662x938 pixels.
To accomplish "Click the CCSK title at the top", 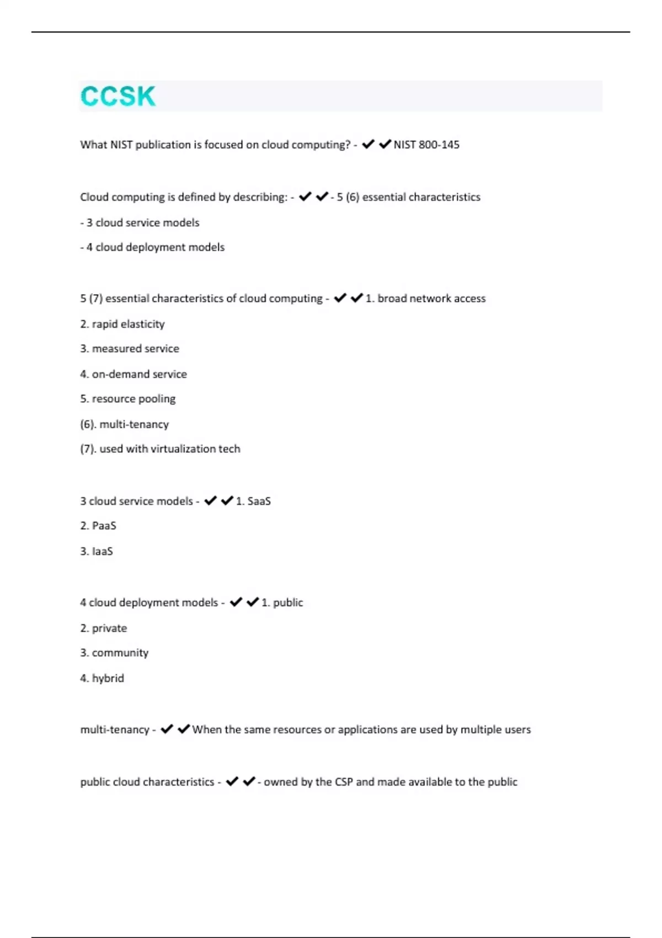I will coord(118,97).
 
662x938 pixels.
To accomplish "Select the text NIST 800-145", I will coord(426,145).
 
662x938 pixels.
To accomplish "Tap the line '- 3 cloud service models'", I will coord(140,223).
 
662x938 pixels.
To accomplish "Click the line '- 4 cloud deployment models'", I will coord(152,247).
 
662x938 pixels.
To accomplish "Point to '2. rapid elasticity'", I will coord(122,324).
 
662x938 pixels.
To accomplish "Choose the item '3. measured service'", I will coord(130,349).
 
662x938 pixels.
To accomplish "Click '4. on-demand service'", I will coord(134,374).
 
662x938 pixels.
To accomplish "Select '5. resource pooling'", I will coord(128,398).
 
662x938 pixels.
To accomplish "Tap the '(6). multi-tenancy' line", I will coord(125,424).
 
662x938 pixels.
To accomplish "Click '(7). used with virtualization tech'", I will coord(160,449).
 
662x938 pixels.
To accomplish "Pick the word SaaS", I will coord(259,501).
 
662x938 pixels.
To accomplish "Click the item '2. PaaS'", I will coord(98,526).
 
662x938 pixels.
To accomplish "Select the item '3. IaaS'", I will coord(97,551).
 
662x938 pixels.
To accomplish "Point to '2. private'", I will coord(104,628).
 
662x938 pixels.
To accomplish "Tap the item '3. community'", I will coord(114,653).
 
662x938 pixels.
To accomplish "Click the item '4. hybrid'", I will coord(102,678).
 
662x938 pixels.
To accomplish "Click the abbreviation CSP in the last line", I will coord(344,782).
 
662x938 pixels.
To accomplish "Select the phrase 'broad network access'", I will coord(431,299).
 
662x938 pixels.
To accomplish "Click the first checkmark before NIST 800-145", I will coord(368,144).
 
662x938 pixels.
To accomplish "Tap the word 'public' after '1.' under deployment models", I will coord(288,603).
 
